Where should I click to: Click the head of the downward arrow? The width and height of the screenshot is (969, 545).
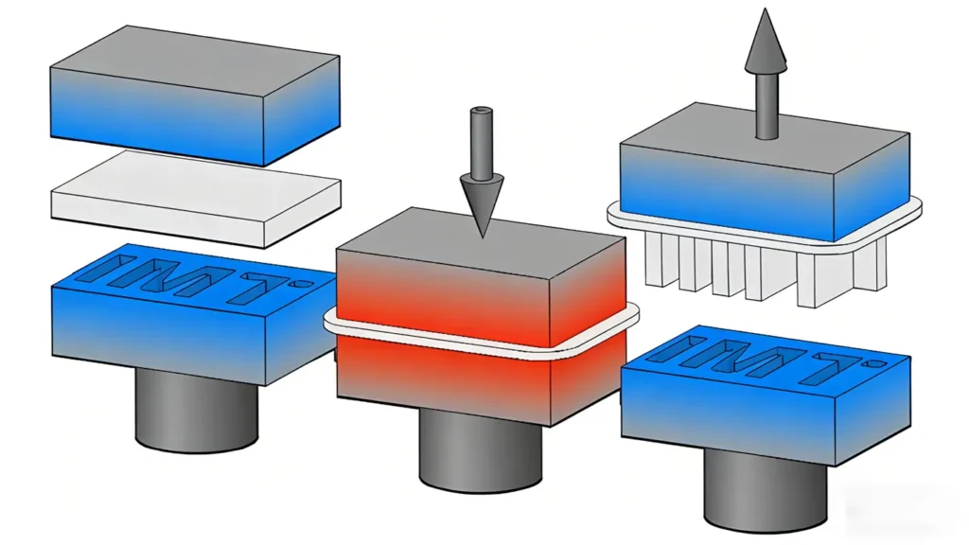click(x=482, y=201)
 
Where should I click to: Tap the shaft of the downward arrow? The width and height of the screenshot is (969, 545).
click(x=481, y=141)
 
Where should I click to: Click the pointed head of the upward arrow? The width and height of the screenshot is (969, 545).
click(x=766, y=39)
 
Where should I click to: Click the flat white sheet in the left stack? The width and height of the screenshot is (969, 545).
click(x=195, y=199)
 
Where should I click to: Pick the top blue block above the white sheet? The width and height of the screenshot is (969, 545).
click(x=195, y=96)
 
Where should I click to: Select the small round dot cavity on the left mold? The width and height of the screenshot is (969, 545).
click(x=304, y=285)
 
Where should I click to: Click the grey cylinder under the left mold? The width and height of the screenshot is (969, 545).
click(x=196, y=411)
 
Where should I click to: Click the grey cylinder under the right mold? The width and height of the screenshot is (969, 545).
click(x=766, y=491)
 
